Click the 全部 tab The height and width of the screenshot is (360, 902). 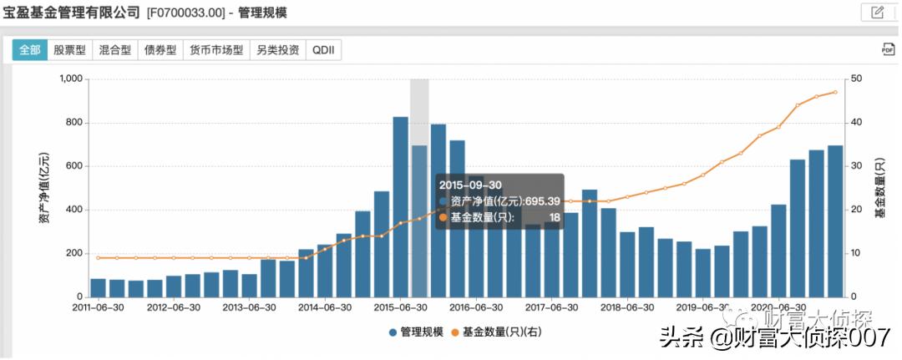pos(29,50)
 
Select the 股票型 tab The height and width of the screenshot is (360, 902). pos(69,50)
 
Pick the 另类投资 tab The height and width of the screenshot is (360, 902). pos(278,50)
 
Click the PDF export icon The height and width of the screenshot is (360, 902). pos(888,50)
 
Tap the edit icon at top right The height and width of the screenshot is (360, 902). pos(877,12)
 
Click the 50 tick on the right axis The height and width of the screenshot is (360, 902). pos(856,79)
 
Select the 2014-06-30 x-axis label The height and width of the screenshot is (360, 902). pos(325,307)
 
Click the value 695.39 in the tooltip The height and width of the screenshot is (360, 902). pos(542,201)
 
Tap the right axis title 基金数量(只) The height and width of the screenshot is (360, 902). pos(881,188)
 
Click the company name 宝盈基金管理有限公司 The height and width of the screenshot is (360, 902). pos(72,12)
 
